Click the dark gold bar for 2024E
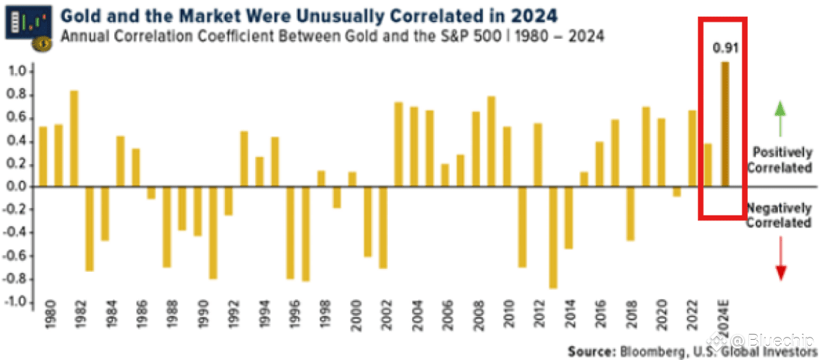[x=725, y=124]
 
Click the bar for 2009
[x=491, y=142]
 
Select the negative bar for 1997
[x=305, y=233]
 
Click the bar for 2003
[x=398, y=145]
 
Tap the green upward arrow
[x=780, y=119]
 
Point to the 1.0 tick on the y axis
[x=16, y=72]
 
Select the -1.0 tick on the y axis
[x=14, y=302]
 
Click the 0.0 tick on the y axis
[x=16, y=187]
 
